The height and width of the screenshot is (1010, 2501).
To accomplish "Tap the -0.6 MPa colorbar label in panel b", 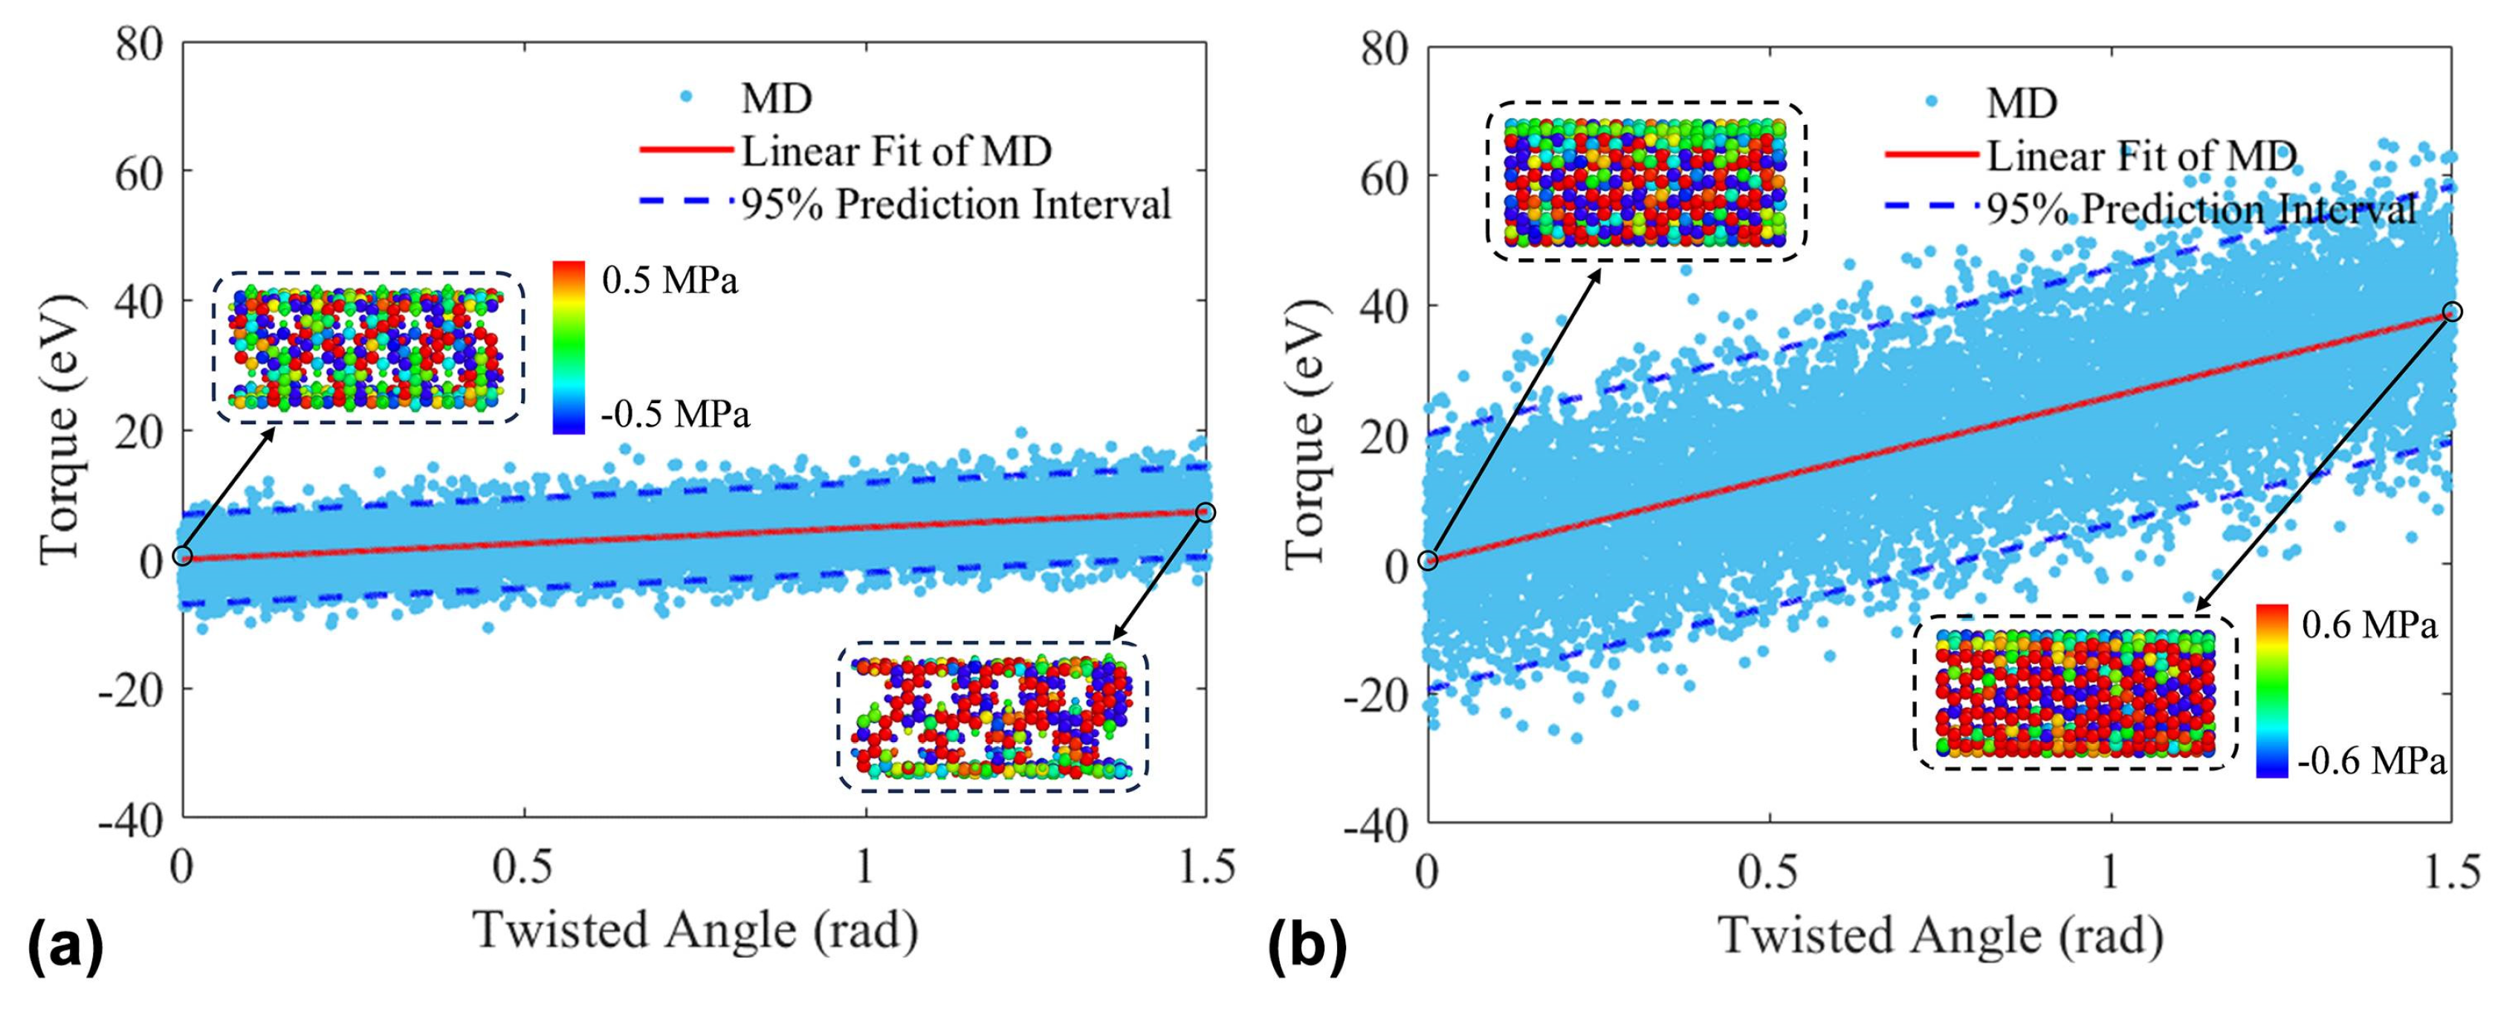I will [x=2371, y=762].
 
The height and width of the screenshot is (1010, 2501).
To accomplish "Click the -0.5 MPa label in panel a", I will [x=675, y=415].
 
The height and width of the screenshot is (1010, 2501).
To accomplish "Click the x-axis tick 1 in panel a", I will [x=865, y=867].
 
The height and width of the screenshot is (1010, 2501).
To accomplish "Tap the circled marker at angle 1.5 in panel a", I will [x=1205, y=512].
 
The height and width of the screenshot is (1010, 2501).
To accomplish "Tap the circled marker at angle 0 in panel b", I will [x=1426, y=560].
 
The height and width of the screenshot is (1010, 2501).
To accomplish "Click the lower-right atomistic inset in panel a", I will [x=991, y=718].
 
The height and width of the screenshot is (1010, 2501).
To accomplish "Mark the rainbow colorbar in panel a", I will [x=568, y=346].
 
